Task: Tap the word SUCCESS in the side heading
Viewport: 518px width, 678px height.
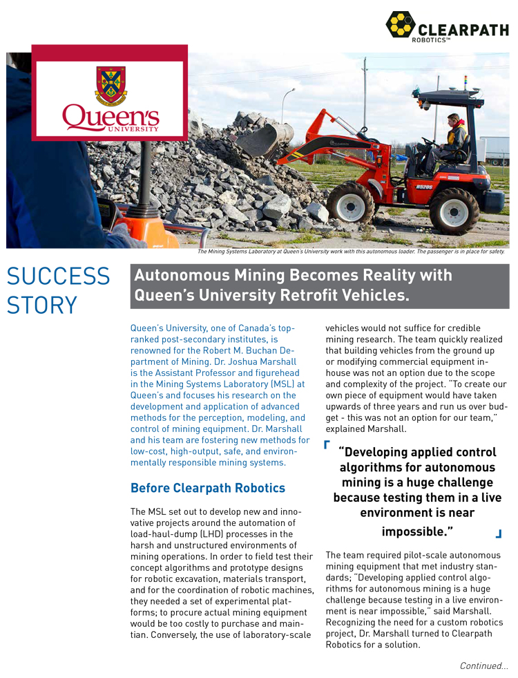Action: tap(58, 276)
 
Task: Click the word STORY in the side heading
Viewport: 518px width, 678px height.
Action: tap(42, 305)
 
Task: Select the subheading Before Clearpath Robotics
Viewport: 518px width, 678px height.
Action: tap(208, 488)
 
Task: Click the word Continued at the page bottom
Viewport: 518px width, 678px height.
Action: tap(481, 666)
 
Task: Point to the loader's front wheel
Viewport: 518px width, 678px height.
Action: tap(350, 203)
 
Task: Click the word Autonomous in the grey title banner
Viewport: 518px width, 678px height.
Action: tap(182, 275)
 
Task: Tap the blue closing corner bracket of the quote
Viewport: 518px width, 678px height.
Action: tap(498, 533)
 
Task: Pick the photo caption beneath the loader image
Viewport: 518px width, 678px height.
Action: tap(351, 252)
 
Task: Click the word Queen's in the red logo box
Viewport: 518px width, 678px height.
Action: tap(111, 117)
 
